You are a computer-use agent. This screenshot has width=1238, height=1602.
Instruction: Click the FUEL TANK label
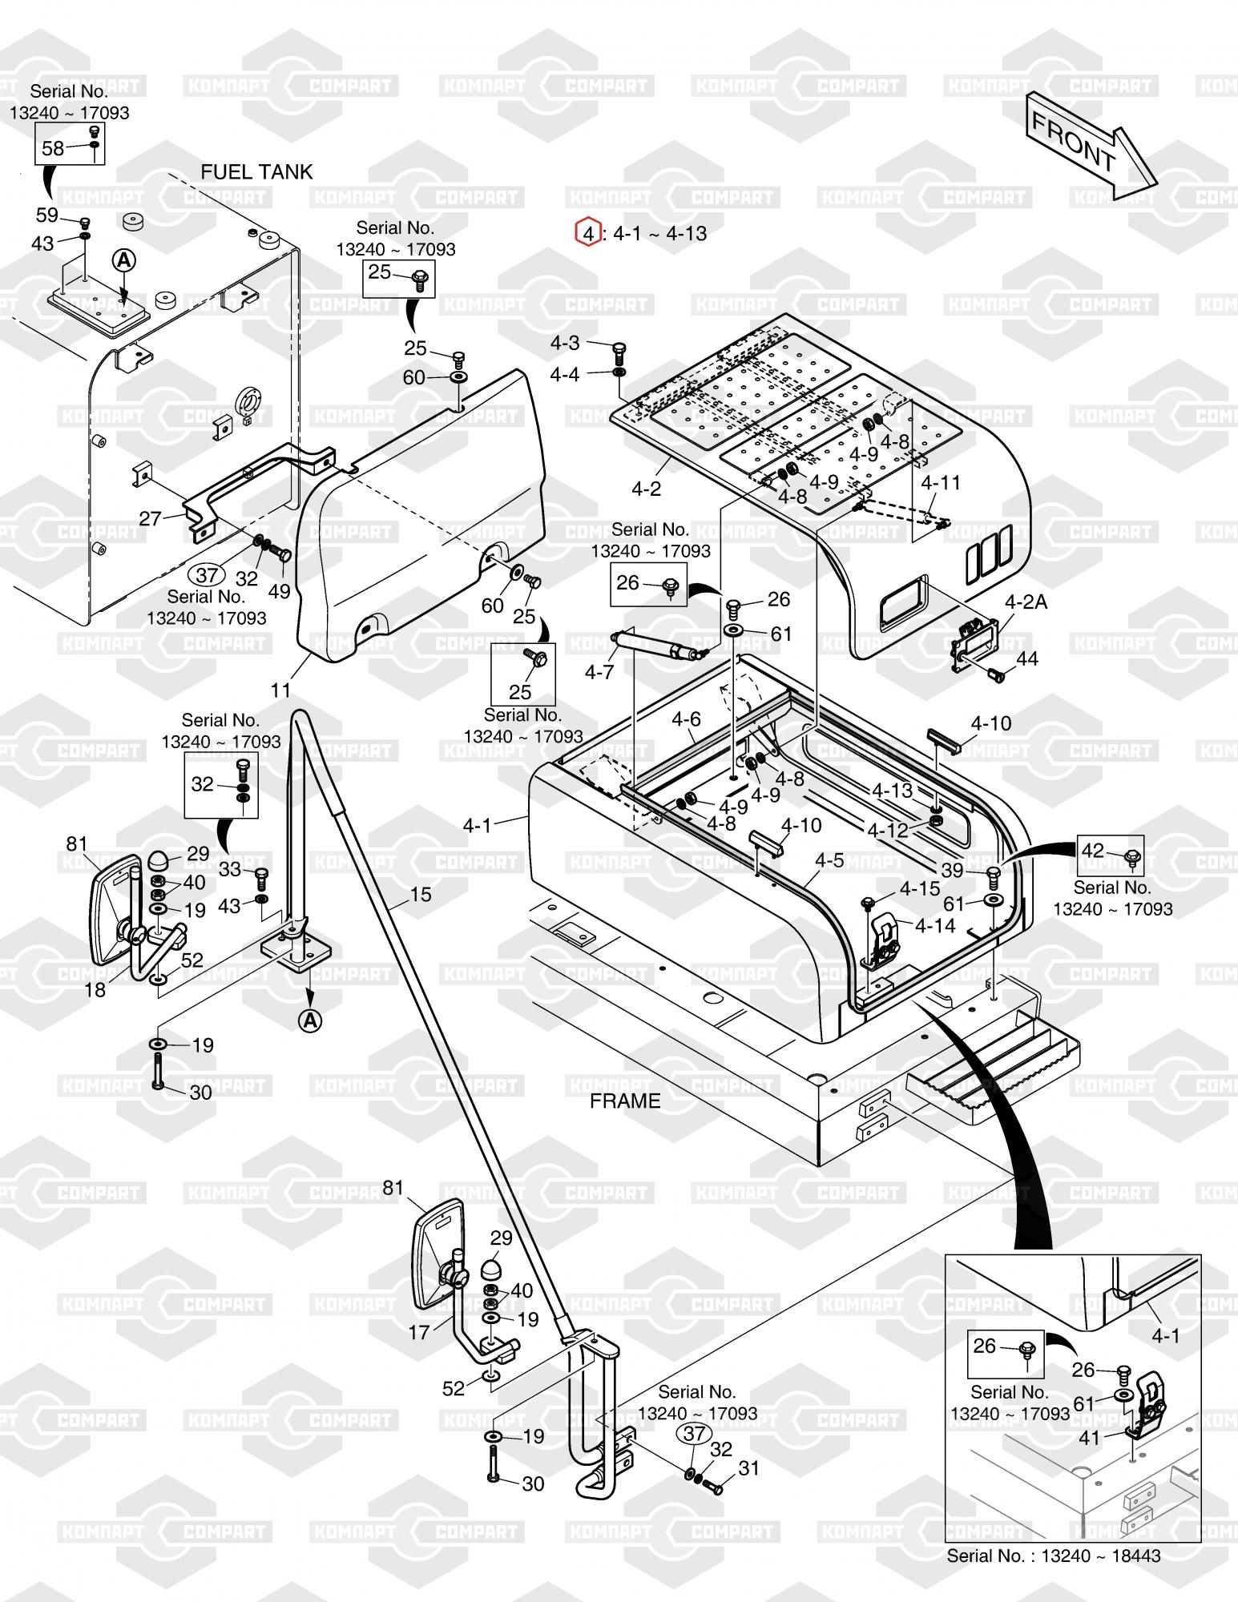(256, 172)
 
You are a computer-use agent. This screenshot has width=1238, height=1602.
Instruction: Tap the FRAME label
(625, 1101)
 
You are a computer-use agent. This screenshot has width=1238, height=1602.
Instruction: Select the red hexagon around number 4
(587, 233)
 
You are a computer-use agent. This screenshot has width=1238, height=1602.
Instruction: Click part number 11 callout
(280, 689)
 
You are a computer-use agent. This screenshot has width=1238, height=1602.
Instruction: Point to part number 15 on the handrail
(421, 895)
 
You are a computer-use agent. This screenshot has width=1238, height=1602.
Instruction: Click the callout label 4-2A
(1026, 602)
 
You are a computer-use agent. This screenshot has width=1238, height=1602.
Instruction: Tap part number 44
(1026, 658)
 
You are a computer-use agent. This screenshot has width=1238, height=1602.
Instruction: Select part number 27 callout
(151, 518)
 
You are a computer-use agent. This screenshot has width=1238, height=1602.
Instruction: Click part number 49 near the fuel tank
(279, 591)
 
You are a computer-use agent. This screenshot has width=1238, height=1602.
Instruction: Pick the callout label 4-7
(599, 671)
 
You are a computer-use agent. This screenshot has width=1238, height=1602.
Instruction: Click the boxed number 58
(53, 148)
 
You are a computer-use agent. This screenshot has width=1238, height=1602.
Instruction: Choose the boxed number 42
(1092, 850)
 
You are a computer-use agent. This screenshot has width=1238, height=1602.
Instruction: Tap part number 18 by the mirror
(95, 990)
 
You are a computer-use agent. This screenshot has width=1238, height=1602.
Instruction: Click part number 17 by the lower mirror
(420, 1332)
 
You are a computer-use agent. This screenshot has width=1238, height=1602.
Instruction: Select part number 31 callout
(748, 1468)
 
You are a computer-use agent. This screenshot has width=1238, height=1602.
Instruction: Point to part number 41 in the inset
(1089, 1438)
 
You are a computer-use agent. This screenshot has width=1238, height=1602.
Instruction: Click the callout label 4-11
(941, 482)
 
